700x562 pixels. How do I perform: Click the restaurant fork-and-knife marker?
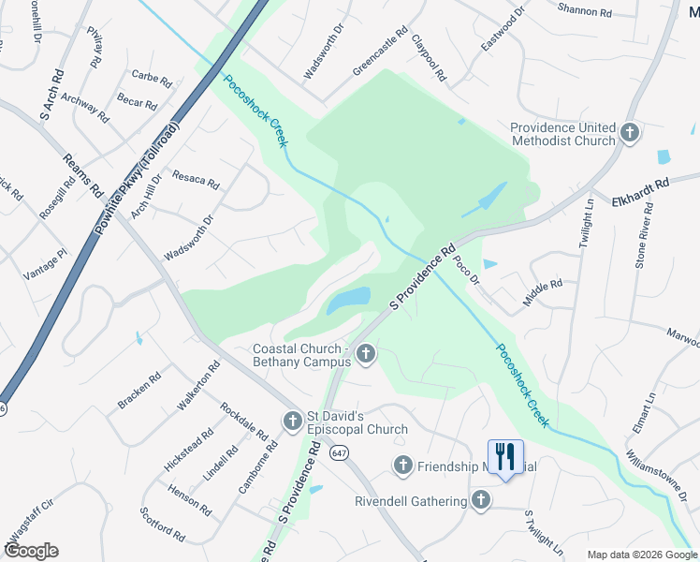(505, 457)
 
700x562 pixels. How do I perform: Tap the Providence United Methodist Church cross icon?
(630, 132)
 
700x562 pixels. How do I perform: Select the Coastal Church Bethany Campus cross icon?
(366, 354)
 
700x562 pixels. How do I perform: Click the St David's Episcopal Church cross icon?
(293, 421)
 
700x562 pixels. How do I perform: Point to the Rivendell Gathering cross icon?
(481, 499)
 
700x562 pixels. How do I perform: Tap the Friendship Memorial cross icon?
(403, 465)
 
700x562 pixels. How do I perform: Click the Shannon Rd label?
(584, 12)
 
